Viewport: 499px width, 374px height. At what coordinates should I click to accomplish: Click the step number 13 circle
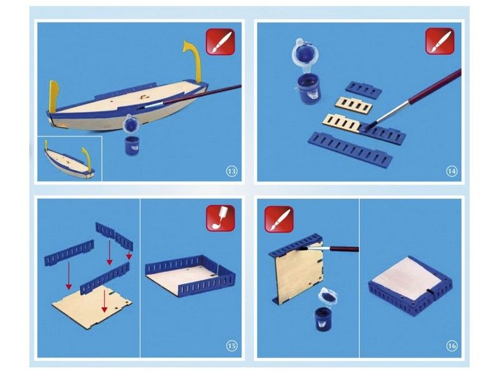[231, 171]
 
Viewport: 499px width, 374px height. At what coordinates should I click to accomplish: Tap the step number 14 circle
[452, 171]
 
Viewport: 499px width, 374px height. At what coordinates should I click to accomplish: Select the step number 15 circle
[231, 346]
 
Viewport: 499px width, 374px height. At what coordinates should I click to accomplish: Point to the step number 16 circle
[452, 346]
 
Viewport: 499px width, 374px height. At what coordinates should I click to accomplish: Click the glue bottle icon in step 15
[221, 218]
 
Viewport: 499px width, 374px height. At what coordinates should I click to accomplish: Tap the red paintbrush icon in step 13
[221, 42]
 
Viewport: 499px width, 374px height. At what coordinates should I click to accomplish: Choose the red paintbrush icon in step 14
[440, 41]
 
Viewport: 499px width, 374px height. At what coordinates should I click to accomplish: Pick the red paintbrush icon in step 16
[279, 219]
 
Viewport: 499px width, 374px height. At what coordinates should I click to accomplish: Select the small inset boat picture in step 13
[70, 159]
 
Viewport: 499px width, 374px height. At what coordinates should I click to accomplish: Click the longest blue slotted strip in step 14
[351, 148]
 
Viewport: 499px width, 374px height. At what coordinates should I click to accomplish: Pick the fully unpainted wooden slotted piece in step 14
[354, 104]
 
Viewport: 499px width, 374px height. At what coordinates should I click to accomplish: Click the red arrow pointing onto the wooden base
[104, 299]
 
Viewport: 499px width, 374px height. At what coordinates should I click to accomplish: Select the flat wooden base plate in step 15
[92, 303]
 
